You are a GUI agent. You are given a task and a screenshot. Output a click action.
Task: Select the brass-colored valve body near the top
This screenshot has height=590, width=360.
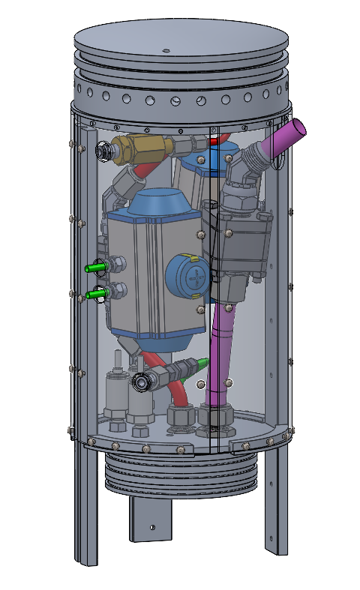tap(143, 147)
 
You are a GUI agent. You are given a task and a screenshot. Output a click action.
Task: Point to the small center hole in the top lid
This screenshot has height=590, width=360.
tap(166, 51)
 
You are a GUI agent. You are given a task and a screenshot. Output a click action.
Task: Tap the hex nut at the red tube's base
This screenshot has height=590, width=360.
tap(183, 417)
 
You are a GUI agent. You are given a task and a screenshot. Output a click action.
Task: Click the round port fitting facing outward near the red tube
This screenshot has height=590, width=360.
tap(142, 382)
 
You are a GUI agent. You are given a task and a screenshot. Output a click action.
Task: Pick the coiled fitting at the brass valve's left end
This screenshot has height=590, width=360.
tap(105, 151)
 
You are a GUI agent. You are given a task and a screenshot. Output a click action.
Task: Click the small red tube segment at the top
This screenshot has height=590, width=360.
tap(215, 140)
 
